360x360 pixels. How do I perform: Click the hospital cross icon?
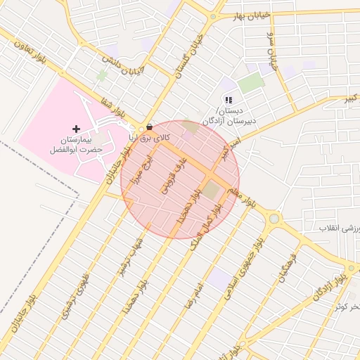pyautogui.click(x=77, y=129)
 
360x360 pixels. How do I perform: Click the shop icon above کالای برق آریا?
pyautogui.click(x=149, y=127)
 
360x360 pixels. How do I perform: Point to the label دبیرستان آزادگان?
pyautogui.click(x=229, y=121)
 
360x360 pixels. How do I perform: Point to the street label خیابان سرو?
pyautogui.click(x=271, y=47)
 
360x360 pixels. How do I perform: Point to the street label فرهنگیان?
pyautogui.click(x=284, y=268)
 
